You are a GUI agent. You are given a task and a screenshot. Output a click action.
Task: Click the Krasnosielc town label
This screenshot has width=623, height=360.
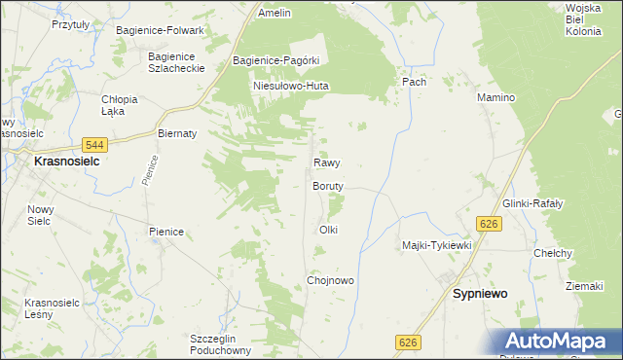[67, 162]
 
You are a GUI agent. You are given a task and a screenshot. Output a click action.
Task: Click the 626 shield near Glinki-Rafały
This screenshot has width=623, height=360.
[489, 225]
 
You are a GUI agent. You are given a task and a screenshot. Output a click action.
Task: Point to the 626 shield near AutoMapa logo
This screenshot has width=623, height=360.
[409, 342]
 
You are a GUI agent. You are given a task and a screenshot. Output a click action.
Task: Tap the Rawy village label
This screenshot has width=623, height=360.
[326, 163]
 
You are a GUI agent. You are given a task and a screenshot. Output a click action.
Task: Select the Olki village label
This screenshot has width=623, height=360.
[328, 230]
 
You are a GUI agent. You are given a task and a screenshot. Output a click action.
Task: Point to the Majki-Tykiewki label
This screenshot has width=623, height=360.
[436, 246]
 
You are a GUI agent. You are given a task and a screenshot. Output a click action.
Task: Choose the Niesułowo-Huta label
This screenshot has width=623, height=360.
[291, 86]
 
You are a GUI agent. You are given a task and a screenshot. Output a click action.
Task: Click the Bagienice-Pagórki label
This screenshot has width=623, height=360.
[276, 60]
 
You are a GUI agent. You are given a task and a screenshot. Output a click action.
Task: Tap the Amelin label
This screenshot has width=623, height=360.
[275, 14]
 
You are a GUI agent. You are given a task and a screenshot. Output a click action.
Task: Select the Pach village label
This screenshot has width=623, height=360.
[415, 83]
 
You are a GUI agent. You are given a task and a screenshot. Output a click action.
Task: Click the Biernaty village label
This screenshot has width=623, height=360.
[177, 133]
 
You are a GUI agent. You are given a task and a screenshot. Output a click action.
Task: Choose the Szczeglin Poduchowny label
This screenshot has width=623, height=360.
[221, 344]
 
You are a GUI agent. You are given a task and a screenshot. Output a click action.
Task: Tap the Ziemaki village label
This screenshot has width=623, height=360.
[585, 286]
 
